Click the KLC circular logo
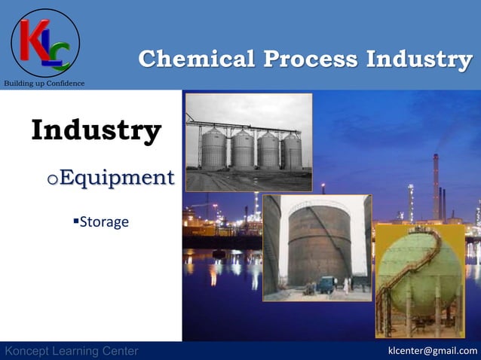coord(45,42)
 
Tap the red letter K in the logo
coord(35,39)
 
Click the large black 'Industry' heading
coord(96,130)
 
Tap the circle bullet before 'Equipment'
coord(51,180)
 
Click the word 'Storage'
coord(104,222)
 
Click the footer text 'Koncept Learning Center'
coord(71,351)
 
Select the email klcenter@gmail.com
coord(432,351)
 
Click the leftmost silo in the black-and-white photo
coord(213,148)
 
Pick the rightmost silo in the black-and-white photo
coord(292,151)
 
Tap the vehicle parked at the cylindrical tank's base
coord(325,285)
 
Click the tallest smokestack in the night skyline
coord(436,185)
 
